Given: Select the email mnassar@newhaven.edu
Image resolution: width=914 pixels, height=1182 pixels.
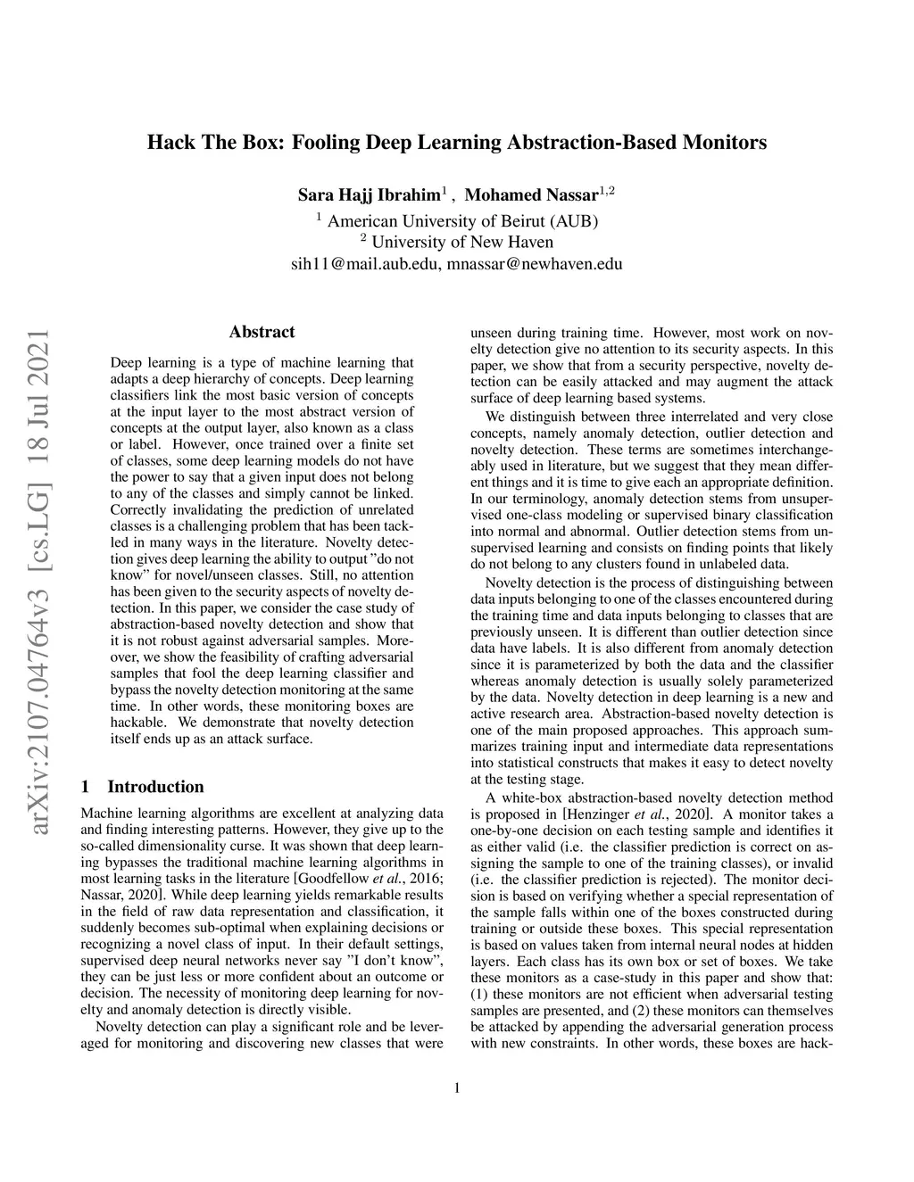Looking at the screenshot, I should pyautogui.click(x=534, y=264).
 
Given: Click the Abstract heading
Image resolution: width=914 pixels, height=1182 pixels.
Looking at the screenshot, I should pyautogui.click(x=262, y=333).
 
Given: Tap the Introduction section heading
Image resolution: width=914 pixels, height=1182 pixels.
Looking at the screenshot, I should pyautogui.click(x=155, y=787).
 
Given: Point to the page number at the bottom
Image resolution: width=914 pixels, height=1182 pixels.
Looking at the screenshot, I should pyautogui.click(x=457, y=1087).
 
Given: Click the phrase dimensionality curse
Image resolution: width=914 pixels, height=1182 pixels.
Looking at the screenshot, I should pyautogui.click(x=190, y=846).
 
